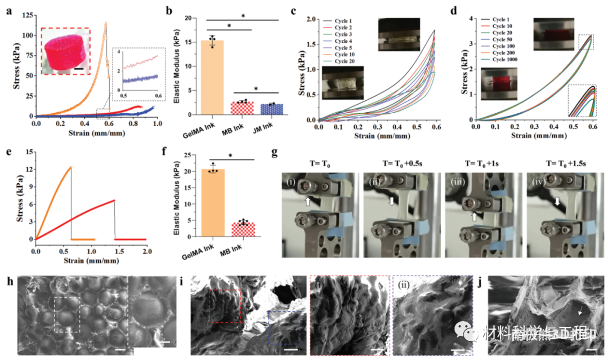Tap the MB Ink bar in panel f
pyautogui.click(x=243, y=230)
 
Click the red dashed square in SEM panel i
pyautogui.click(x=225, y=306)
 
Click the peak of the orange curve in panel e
pyautogui.click(x=71, y=167)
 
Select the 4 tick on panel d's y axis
pyautogui.click(x=471, y=18)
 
